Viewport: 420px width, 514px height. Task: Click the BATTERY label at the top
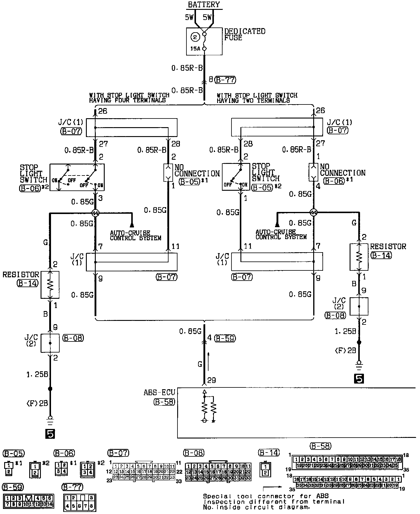(204, 4)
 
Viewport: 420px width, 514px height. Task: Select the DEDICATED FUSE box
(204, 41)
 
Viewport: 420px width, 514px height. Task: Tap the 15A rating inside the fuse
(195, 48)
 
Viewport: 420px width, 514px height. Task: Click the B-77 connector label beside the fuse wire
(225, 80)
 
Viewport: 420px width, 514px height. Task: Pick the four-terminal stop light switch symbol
(77, 177)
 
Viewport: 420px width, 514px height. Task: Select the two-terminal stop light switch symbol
(236, 177)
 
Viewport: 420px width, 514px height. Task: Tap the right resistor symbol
(359, 257)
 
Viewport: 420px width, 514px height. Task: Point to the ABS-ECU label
(159, 392)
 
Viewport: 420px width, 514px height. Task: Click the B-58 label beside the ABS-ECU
(164, 402)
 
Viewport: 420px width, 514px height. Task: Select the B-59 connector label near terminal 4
(225, 338)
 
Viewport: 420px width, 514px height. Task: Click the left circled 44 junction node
(95, 213)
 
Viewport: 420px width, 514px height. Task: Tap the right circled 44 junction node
(314, 213)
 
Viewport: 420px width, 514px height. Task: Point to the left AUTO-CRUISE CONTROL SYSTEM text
(135, 236)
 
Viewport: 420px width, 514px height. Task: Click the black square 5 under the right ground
(359, 378)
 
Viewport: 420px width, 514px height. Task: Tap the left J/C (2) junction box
(50, 343)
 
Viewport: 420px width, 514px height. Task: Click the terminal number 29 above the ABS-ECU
(212, 380)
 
